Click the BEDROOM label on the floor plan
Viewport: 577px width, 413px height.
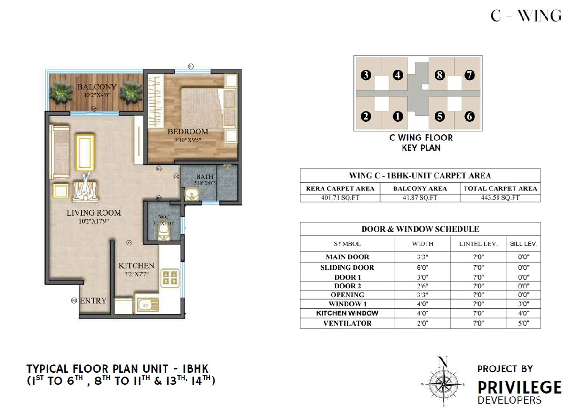click(x=188, y=132)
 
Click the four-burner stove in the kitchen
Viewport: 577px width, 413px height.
click(x=168, y=278)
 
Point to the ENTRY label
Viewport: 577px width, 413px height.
click(x=93, y=301)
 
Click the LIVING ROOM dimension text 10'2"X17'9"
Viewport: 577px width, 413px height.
click(x=94, y=221)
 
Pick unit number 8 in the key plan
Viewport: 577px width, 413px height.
click(x=440, y=75)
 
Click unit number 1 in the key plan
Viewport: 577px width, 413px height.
click(x=398, y=117)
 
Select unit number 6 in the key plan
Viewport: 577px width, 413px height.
click(x=469, y=117)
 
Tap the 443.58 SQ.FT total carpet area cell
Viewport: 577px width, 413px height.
click(x=500, y=198)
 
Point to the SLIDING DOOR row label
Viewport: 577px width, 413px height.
click(x=348, y=267)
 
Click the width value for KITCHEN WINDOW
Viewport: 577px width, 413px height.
click(x=422, y=313)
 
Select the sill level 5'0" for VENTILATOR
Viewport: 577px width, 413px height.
click(x=523, y=323)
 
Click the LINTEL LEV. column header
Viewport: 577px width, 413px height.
click(x=478, y=244)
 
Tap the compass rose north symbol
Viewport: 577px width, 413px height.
click(x=442, y=363)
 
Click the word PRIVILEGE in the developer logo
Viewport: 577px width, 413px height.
click(x=520, y=388)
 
